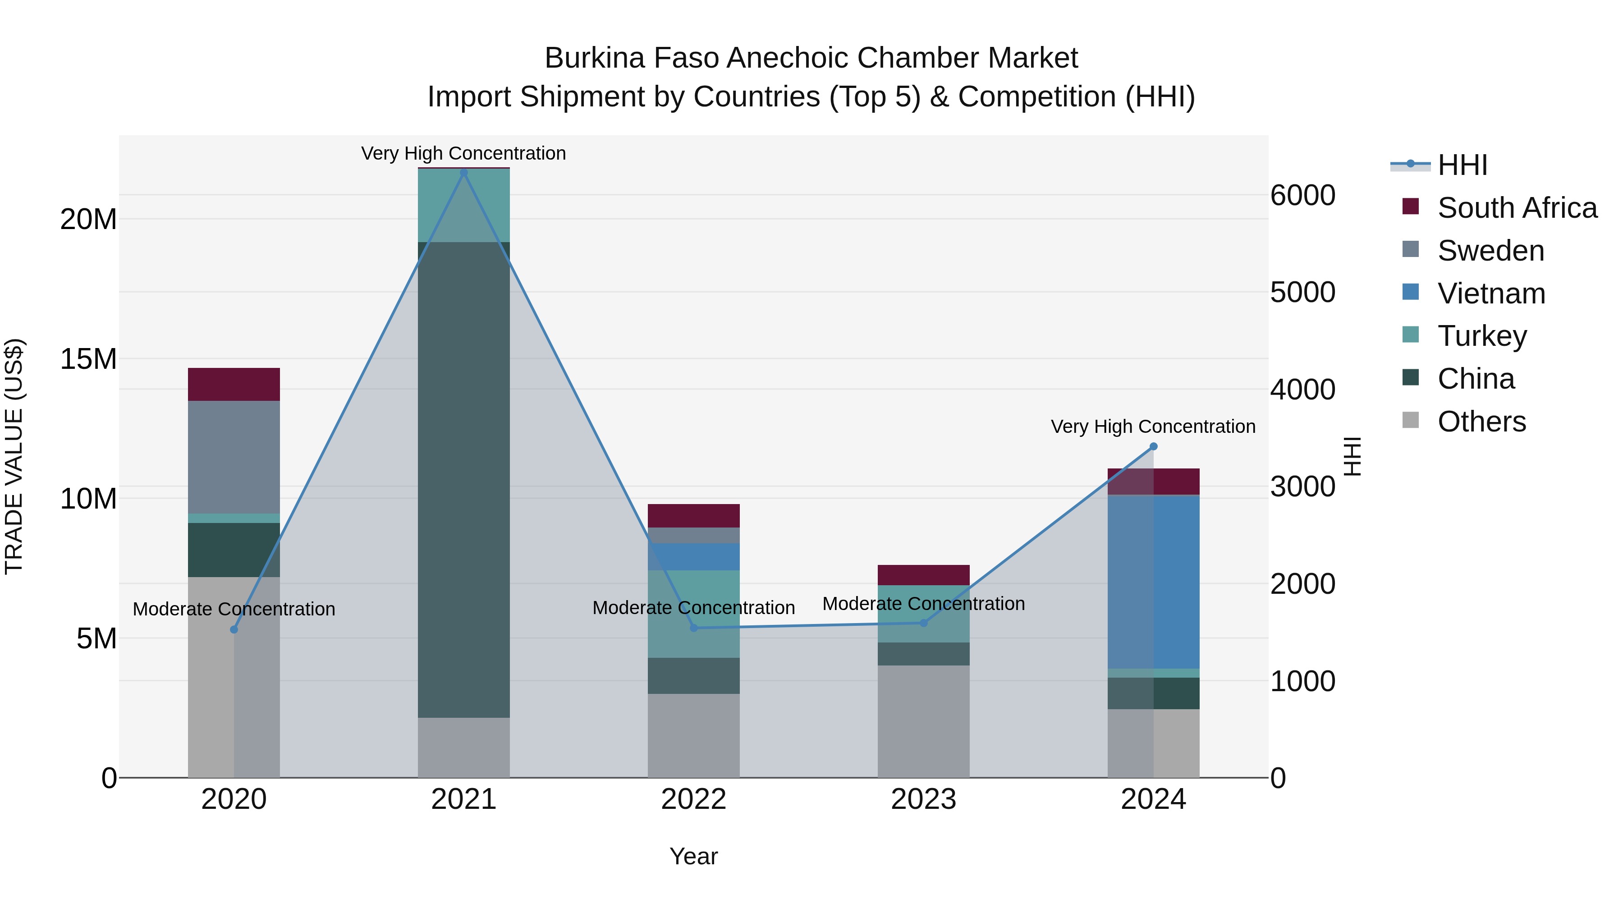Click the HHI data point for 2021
click(464, 172)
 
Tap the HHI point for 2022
click(694, 628)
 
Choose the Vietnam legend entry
click(1491, 294)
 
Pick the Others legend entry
click(1481, 422)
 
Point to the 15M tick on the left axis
click(88, 359)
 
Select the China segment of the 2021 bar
click(464, 479)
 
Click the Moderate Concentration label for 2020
click(234, 609)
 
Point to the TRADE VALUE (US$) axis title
click(14, 456)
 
